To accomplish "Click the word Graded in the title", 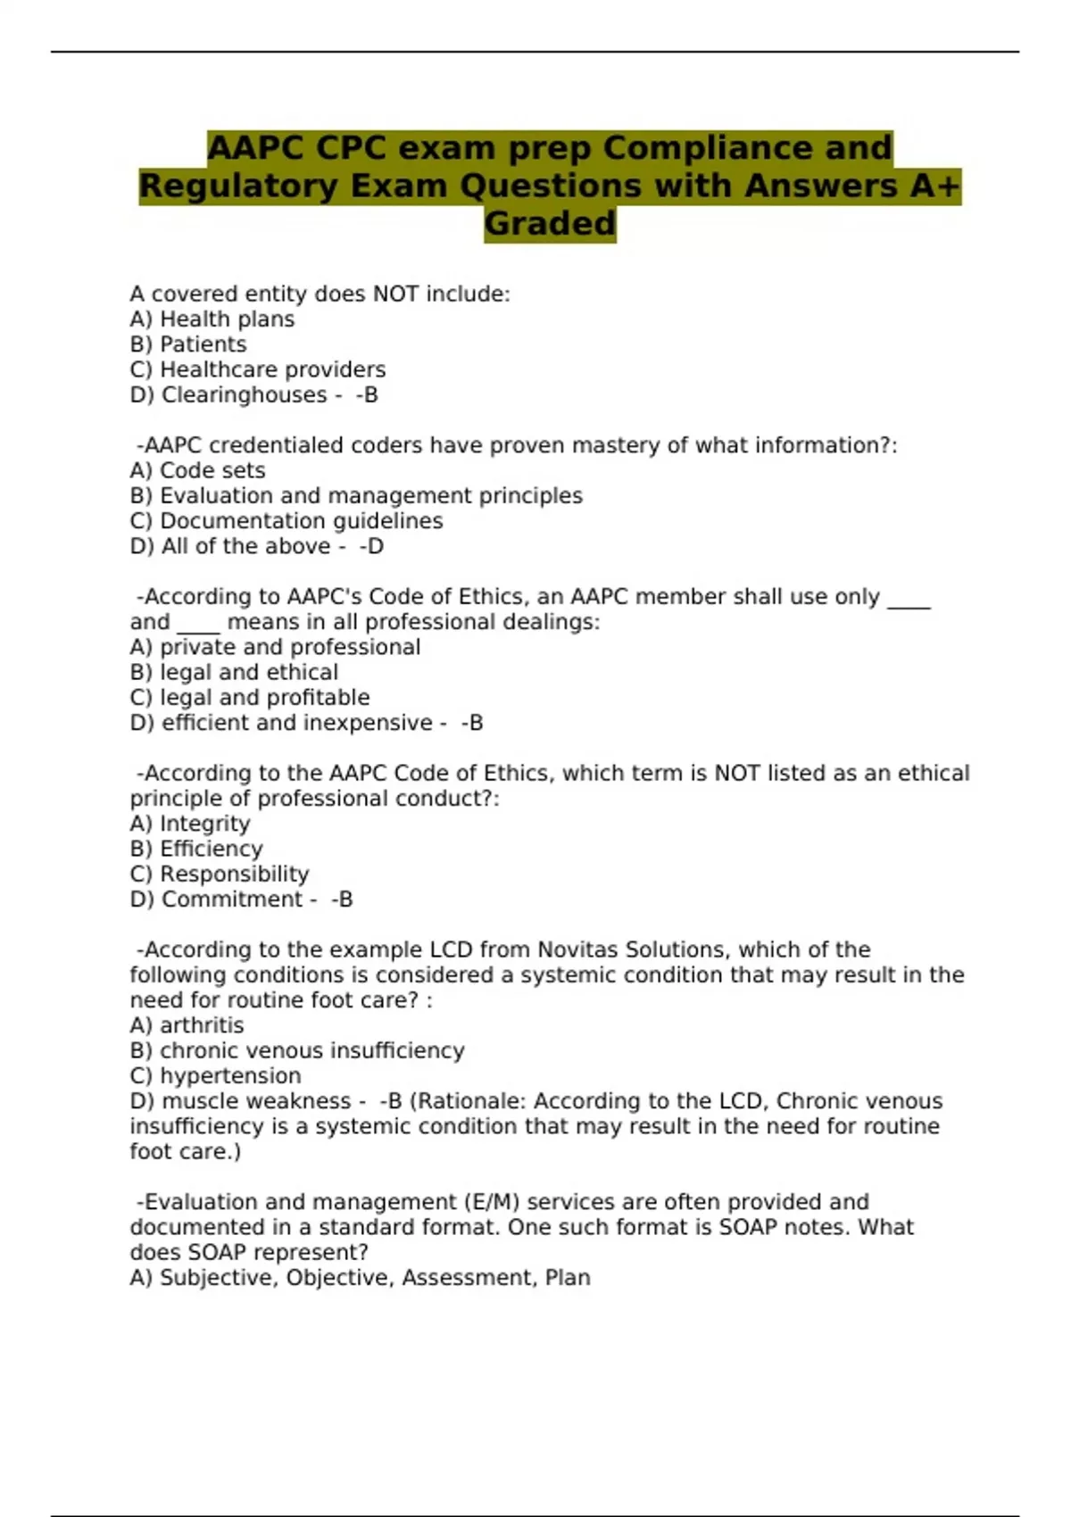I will click(550, 223).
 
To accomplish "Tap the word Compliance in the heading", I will click(747, 147).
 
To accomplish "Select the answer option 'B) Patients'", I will click(188, 344).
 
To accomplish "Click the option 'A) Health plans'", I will click(212, 319).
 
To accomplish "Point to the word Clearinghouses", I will click(244, 394).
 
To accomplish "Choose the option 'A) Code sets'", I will click(197, 470).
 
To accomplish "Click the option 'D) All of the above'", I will click(230, 546).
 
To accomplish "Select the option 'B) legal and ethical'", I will click(234, 672).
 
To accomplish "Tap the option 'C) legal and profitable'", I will click(250, 697).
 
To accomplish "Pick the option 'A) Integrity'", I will click(190, 824).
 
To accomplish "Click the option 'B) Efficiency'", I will click(196, 849).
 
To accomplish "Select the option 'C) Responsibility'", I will click(220, 874).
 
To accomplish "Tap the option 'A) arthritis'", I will click(187, 1025).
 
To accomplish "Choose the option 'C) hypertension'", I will click(215, 1075).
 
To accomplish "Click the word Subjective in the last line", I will click(219, 1278).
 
